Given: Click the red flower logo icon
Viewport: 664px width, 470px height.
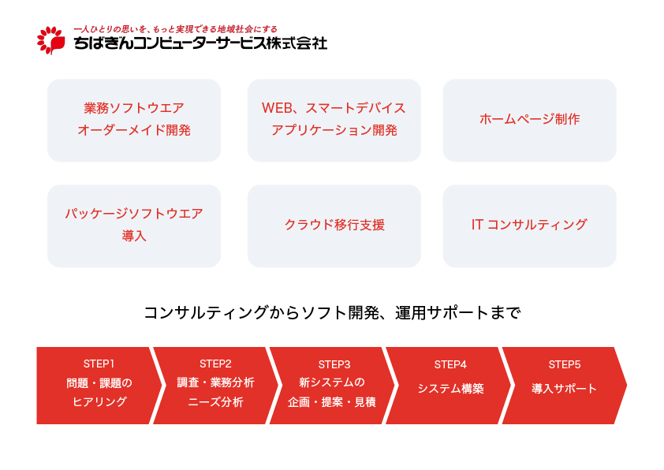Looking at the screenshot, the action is tap(50, 40).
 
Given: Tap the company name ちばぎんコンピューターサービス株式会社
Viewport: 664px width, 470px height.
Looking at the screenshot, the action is tap(200, 43).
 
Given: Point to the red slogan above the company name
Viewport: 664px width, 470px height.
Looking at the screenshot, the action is tap(175, 29).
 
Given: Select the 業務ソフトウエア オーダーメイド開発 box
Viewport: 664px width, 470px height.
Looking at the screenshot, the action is tap(134, 120).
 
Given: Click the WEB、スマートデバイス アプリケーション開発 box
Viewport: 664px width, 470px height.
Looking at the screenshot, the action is tap(334, 120).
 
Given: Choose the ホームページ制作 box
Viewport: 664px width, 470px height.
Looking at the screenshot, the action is tap(529, 120).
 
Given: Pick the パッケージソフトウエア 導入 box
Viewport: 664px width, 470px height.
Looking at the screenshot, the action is tap(134, 226).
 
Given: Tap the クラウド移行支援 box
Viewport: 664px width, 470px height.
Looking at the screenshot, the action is tap(334, 226).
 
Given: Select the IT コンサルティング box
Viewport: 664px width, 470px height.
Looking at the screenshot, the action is tap(529, 226).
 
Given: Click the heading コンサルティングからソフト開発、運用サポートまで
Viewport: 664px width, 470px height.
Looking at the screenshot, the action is tap(332, 313).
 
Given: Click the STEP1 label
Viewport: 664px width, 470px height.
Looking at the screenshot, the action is tap(99, 364).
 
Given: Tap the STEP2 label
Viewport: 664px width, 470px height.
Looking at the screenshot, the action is tap(215, 364).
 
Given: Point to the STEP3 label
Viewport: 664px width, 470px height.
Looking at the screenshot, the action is tap(334, 364).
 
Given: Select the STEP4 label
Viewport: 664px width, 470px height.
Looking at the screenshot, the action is tap(450, 364).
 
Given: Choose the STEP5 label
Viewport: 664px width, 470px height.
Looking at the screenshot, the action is tap(565, 364).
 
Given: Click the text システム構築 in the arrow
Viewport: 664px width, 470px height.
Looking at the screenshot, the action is tap(450, 388).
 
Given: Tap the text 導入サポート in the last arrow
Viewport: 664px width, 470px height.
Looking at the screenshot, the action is tap(564, 388).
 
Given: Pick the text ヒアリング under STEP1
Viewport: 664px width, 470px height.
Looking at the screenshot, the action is tap(99, 401).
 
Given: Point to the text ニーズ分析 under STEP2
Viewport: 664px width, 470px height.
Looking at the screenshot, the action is tap(215, 402).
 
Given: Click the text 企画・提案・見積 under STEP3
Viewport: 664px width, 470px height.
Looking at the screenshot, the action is tap(331, 402).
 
